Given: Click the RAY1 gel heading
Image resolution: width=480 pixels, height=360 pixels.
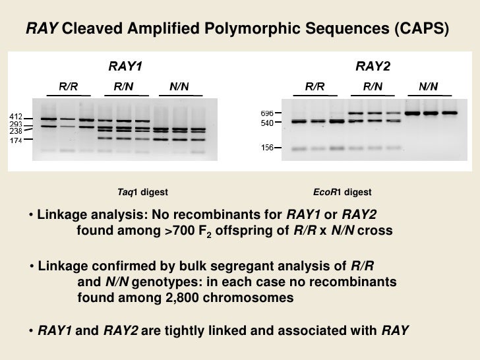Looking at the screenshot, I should click(x=125, y=66).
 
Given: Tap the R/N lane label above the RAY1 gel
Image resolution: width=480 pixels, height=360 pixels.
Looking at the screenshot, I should click(x=123, y=86).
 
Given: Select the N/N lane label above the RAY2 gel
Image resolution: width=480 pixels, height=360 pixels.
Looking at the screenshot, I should click(x=428, y=86).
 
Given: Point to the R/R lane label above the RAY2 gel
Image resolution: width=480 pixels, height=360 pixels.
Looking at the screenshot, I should click(x=315, y=86).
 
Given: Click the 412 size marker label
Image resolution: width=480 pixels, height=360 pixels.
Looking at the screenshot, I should click(x=16, y=117).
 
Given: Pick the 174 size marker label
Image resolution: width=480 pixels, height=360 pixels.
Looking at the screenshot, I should click(x=16, y=139).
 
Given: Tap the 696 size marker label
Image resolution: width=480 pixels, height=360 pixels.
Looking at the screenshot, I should click(x=266, y=113).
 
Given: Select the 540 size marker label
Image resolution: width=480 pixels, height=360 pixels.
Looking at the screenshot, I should click(x=266, y=123).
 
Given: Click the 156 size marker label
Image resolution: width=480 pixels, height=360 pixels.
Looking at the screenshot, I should click(x=266, y=148).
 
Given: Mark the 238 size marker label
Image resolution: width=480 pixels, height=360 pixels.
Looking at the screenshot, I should click(x=16, y=131).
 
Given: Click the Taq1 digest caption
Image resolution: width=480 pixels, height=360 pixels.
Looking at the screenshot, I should click(x=142, y=193).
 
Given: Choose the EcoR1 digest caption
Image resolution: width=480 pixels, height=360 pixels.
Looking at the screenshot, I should click(x=342, y=193).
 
